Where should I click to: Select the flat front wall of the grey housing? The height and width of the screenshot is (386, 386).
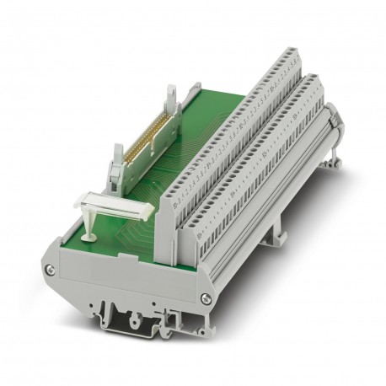(126, 287)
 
